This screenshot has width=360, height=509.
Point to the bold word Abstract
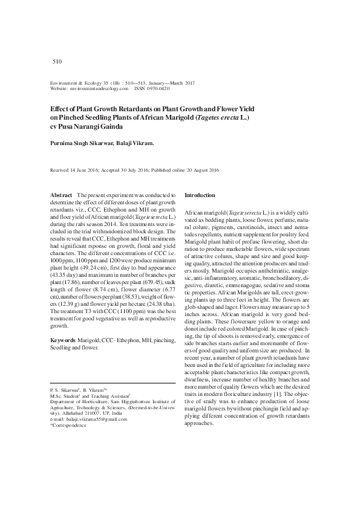pos(59,196)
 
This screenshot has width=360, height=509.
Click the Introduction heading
pos(199,196)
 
